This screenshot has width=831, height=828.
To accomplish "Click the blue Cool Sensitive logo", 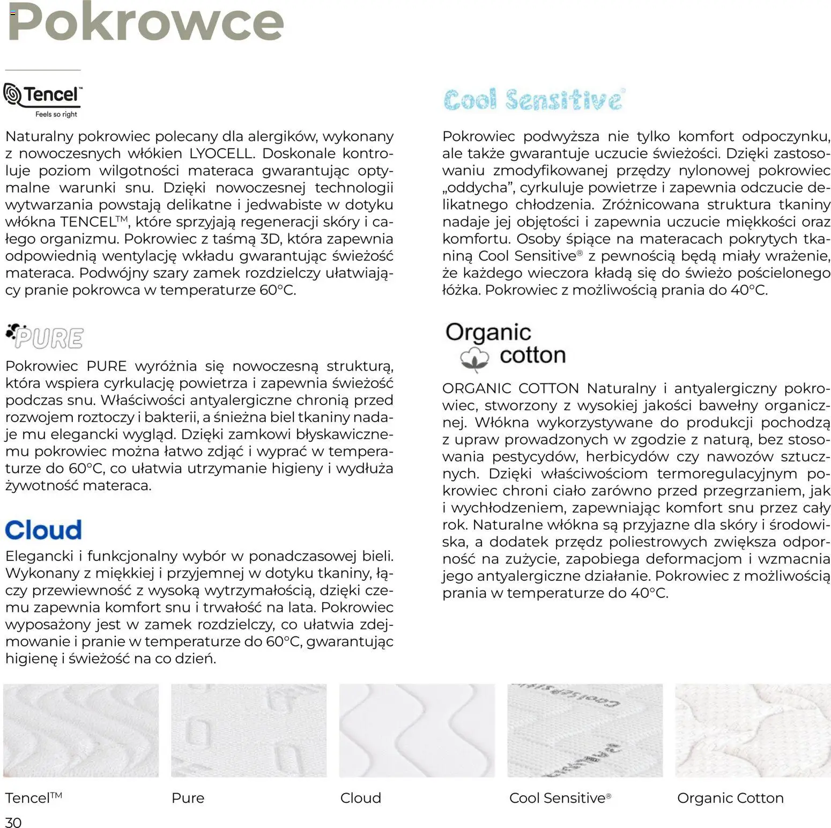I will [533, 100].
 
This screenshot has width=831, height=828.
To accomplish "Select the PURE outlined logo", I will [45, 337].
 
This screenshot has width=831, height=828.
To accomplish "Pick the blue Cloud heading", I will [43, 530].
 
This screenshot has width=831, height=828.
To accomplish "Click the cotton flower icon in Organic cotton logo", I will [475, 358].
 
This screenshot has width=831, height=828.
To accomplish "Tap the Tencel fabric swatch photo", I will [81, 730].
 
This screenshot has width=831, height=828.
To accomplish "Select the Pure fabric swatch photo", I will [249, 730].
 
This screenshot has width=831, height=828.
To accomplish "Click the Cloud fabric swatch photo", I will [417, 730].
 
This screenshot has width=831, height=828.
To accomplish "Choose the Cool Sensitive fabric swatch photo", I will [585, 730].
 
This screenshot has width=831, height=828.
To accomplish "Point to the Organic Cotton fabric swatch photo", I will [753, 730].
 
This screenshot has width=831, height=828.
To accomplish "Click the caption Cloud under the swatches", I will [360, 798].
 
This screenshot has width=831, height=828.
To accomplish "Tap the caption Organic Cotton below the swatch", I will [730, 798].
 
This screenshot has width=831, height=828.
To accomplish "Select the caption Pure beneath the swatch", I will [188, 798].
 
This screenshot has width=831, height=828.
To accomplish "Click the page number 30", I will [13, 822].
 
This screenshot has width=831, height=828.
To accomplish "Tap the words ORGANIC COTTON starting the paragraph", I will [510, 388].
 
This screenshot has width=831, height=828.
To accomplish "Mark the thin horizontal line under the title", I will [43, 70].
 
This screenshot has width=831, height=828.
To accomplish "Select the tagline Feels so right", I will [56, 114].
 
